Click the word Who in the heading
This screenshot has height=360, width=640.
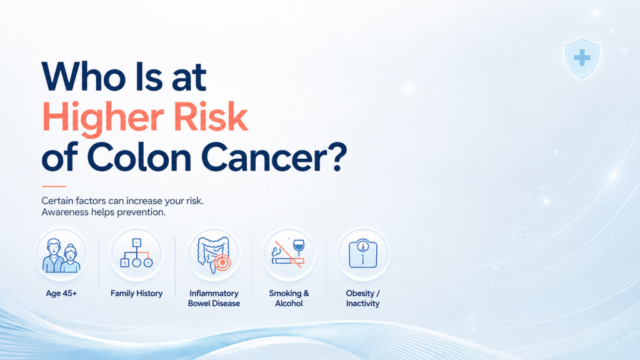point(83,76)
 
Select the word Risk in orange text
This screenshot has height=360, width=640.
point(211,116)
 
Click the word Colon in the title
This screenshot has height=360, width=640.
point(139,157)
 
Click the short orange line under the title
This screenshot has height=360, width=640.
point(54,186)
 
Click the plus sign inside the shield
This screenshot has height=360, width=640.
point(582,57)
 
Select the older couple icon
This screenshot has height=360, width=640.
point(62,256)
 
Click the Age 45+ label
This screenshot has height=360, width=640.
point(61,294)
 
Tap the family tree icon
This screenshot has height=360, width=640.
point(137,254)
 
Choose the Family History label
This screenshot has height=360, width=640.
point(136,294)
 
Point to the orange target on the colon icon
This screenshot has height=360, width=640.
point(222,262)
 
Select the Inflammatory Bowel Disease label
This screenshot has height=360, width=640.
point(214,298)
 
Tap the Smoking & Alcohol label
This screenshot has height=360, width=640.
point(289,298)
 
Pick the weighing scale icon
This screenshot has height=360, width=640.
point(363,254)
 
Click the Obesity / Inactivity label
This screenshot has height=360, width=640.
point(363,298)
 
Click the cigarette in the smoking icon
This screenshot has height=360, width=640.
point(288,261)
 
